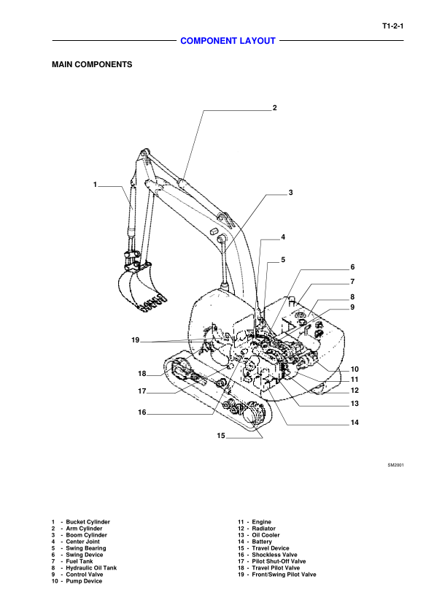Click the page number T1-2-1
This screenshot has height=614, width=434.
pos(393,26)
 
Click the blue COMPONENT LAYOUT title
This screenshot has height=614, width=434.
pos(228,41)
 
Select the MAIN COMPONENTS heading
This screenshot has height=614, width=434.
pos(92,64)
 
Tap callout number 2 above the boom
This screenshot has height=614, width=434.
pos(275,107)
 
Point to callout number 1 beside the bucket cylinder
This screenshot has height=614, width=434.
pos(95,185)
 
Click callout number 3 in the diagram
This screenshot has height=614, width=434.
pos(290,193)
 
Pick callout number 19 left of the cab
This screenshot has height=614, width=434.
pos(136,340)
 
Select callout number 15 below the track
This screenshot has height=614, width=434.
pos(221,435)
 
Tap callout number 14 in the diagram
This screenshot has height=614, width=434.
pos(354,423)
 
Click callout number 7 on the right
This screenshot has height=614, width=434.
pos(352,282)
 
